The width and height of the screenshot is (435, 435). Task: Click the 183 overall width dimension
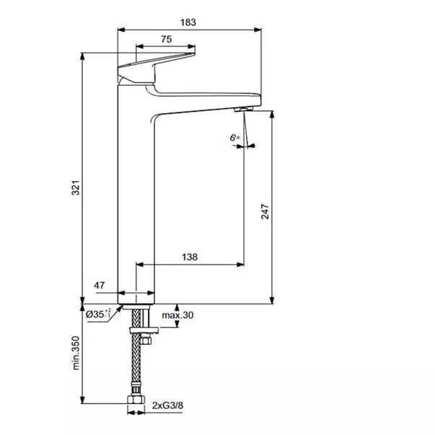coord(188,22)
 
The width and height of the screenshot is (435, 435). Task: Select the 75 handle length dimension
coord(166,39)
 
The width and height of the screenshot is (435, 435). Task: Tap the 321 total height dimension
coord(76,188)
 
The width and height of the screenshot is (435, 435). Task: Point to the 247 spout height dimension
coord(265,211)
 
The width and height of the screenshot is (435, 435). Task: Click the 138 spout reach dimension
coord(190,257)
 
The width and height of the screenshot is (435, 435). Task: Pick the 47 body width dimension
coord(99,285)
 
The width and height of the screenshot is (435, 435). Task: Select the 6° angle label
coord(234,138)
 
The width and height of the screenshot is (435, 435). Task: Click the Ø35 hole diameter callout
coord(98,314)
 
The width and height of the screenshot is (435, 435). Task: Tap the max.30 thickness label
coord(177,315)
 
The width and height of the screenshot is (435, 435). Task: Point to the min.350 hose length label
coord(76,353)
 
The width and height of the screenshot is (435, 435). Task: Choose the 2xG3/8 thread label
coord(167,405)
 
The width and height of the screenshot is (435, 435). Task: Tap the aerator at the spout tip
coord(244,109)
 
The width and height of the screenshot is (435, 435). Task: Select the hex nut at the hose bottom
coord(136,400)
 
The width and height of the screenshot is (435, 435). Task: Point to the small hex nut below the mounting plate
coord(146,340)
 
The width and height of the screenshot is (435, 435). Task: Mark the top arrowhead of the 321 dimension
coord(82,56)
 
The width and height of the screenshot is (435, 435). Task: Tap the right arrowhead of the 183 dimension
coord(258,30)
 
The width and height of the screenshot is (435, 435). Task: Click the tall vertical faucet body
coord(136,194)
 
